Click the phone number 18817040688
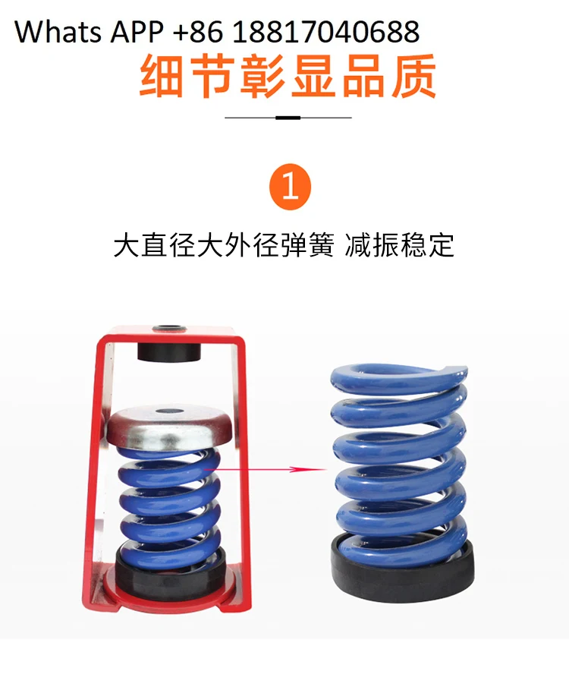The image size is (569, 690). tap(326, 31)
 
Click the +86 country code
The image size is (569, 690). tap(198, 31)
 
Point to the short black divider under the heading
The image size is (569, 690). tap(288, 118)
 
